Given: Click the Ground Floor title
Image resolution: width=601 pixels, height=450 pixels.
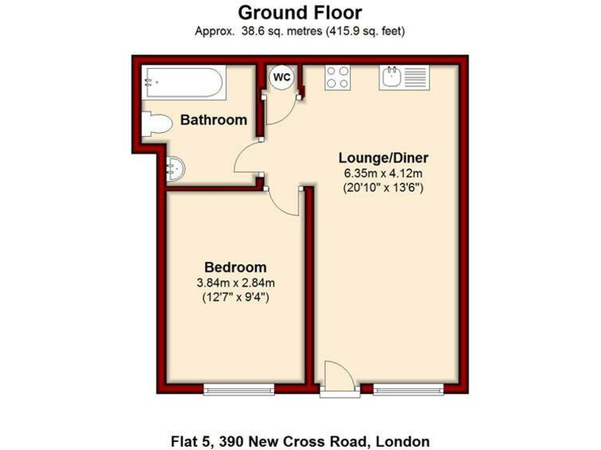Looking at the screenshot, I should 300,12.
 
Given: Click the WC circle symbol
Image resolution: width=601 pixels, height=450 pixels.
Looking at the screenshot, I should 281,77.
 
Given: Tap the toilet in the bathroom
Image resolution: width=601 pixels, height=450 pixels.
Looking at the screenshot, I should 157,123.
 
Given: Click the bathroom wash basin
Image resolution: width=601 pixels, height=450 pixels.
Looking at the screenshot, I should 177,168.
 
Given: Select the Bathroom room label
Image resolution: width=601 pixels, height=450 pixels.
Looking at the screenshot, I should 214,120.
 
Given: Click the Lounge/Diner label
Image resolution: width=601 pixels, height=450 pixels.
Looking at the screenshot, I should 383,157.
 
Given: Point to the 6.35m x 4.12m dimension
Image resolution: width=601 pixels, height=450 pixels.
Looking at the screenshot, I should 383,173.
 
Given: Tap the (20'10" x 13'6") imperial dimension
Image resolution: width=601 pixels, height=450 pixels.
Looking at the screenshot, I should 383,187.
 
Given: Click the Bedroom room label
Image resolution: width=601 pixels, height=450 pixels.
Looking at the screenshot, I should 235,267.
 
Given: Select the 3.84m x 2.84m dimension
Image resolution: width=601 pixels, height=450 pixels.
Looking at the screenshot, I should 235,283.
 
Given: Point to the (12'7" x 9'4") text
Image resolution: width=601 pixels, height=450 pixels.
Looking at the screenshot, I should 235,298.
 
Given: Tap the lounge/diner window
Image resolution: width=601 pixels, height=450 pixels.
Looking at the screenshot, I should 407,388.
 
